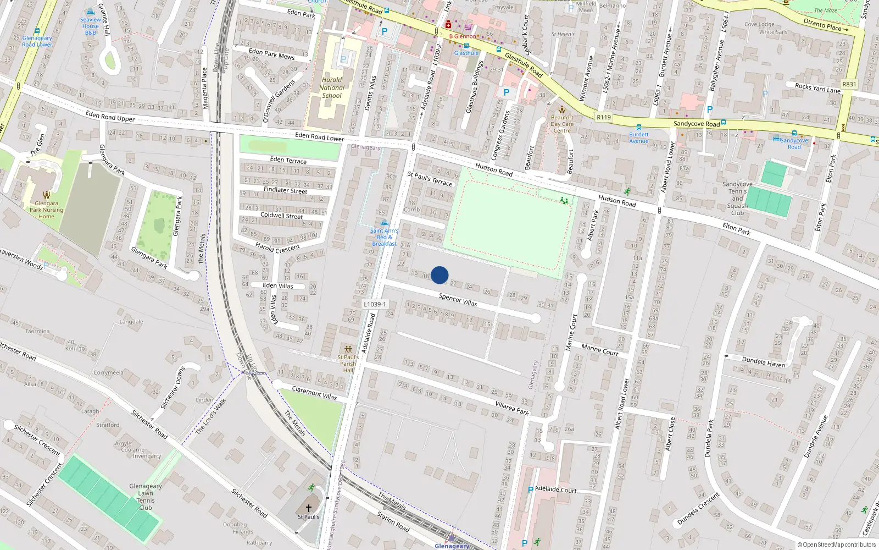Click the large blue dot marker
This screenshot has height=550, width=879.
(x=439, y=275)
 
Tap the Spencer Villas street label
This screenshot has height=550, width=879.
(x=458, y=300)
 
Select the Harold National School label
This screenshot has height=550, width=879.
(x=332, y=87)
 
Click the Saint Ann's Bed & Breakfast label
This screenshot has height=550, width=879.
(x=384, y=237)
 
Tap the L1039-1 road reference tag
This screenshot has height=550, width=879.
(x=375, y=304)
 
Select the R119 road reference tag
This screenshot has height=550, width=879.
(x=604, y=117)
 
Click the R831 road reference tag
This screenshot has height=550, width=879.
(x=849, y=84)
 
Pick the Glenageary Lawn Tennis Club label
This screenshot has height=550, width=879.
(x=146, y=497)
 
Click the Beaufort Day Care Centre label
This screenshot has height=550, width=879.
(x=562, y=124)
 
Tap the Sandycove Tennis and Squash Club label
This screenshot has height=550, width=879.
(x=737, y=199)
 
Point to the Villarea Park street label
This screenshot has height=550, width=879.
(x=512, y=408)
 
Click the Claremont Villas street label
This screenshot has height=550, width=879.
(x=314, y=393)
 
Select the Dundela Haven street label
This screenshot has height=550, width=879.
(x=764, y=361)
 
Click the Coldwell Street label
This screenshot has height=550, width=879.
(x=281, y=216)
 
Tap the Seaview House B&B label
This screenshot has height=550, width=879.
(x=91, y=26)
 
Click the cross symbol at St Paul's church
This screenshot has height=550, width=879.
(x=309, y=508)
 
